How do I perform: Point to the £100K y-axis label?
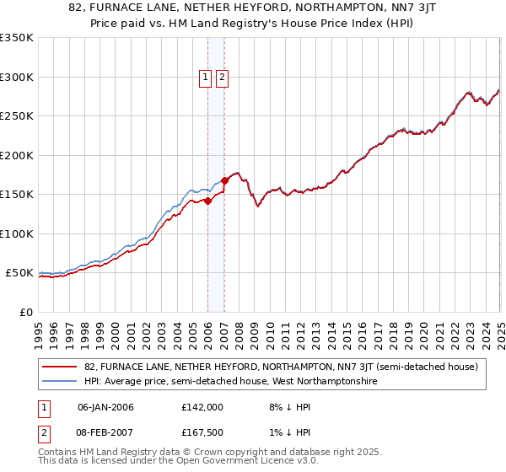coord(17,233)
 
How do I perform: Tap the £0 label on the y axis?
coord(26,312)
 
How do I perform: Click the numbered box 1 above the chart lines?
coord(205,78)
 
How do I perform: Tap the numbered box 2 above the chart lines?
coord(222,78)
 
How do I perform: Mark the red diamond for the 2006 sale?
coord(207,201)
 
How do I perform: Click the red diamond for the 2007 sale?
coord(225,180)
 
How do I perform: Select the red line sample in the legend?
coord(60,367)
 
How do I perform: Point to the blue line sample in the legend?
coord(60,382)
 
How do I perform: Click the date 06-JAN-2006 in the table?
coord(105,407)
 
